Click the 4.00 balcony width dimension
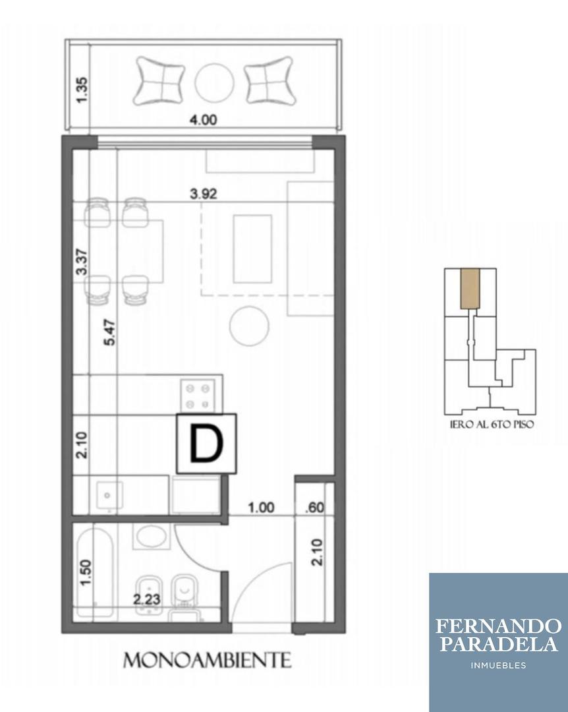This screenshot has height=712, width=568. (203, 120)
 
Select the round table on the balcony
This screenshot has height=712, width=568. (214, 82)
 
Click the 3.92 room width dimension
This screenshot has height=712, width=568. (203, 194)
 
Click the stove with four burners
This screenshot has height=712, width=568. (198, 395)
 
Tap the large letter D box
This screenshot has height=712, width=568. (206, 443)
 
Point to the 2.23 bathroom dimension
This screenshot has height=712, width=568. (147, 600)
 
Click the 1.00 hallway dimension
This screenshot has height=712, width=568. (261, 508)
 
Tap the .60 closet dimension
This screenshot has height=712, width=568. (314, 508)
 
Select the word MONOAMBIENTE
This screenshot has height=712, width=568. (208, 660)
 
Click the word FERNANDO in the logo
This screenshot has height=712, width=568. (498, 626)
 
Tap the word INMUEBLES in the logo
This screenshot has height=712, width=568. (498, 665)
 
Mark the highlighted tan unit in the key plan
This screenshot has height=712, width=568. (469, 289)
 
